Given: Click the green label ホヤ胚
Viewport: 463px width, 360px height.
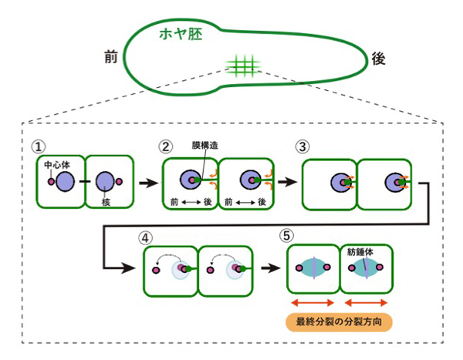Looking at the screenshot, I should click(180, 35).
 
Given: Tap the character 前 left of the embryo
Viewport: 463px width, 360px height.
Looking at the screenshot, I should click(110, 57).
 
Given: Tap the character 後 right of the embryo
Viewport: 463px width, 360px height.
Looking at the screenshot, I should click(378, 59).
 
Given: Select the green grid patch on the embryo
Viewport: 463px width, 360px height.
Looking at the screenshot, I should click(241, 66).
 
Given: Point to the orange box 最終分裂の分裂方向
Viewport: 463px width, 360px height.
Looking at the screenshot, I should click(338, 321).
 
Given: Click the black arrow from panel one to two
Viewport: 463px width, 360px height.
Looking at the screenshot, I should click(144, 183).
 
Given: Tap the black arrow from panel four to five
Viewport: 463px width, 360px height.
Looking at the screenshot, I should click(269, 271).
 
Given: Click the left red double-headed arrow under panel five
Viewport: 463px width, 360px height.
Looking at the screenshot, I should click(313, 302).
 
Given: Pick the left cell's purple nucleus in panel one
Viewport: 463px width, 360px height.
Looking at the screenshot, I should click(66, 182).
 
